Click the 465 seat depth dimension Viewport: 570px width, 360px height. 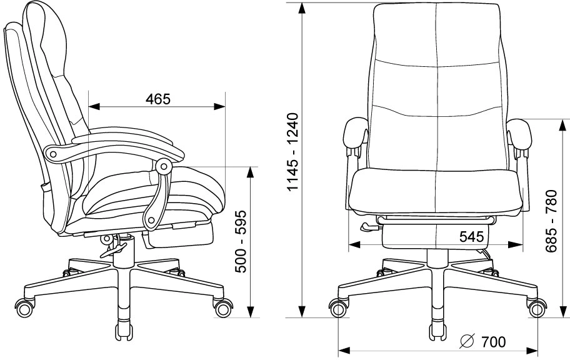[157, 99]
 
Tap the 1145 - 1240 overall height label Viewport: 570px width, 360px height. [292, 152]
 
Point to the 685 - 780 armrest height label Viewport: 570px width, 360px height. [551, 221]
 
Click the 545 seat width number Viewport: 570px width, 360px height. [471, 237]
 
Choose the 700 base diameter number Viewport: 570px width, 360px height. [493, 342]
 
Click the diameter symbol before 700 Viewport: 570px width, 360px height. [467, 341]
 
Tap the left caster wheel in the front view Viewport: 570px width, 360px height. [338, 308]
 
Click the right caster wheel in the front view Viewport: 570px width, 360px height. [536, 308]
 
